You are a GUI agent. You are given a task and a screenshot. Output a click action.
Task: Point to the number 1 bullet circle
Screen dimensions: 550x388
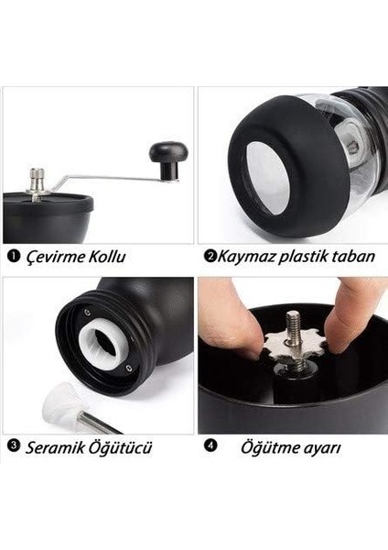click(x=12, y=256)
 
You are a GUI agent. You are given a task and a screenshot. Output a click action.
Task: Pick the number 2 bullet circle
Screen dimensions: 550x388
click(x=210, y=256)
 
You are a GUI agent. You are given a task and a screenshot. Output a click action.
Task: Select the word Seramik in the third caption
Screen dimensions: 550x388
click(x=57, y=448)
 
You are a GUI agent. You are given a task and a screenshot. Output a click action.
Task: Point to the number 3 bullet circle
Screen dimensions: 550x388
click(x=13, y=447)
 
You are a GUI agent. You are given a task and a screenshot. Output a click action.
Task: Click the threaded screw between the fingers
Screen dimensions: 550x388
click(x=292, y=324)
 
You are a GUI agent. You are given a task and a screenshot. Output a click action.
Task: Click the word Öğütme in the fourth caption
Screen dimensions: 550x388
click(x=269, y=448)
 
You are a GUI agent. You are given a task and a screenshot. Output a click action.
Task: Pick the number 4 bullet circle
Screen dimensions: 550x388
click(x=210, y=447)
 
